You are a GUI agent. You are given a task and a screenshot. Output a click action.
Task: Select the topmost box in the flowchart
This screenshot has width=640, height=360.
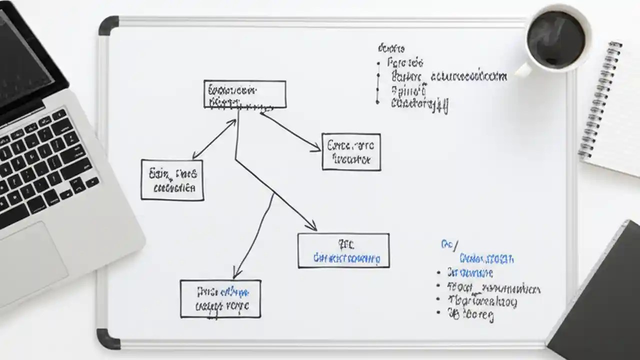pyautogui.click(x=245, y=94)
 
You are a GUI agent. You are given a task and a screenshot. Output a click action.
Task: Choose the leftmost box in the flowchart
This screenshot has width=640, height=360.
pyautogui.click(x=172, y=180)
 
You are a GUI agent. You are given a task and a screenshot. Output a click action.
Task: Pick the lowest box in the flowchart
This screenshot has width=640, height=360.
pyautogui.click(x=220, y=298)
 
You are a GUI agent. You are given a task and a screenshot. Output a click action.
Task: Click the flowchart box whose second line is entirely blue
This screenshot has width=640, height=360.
pyautogui.click(x=343, y=250)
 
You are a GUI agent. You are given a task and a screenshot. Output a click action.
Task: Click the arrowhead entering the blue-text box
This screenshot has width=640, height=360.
pyautogui.click(x=313, y=227)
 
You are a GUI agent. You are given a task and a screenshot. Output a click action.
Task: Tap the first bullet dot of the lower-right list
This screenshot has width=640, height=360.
pyautogui.click(x=438, y=273)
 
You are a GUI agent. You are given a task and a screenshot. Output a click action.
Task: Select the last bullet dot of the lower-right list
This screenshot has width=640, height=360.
pyautogui.click(x=439, y=312)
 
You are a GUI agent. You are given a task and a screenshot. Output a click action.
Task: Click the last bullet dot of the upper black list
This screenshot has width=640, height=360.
pyautogui.click(x=378, y=102)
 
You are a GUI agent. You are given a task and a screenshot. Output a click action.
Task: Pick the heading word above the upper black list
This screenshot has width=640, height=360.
pyautogui.click(x=391, y=48)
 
